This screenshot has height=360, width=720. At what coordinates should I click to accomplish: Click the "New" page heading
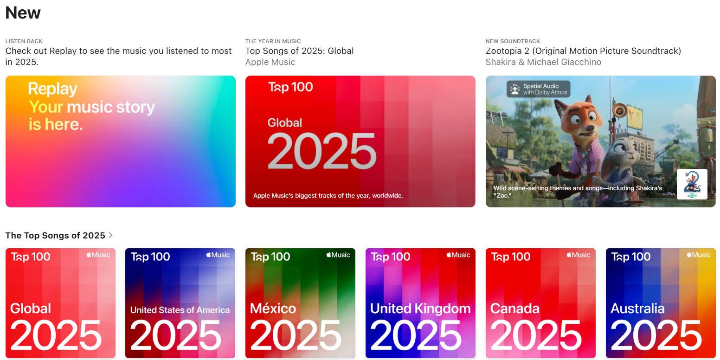pos(23,13)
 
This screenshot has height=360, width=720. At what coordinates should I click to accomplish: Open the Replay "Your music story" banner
pos(120,141)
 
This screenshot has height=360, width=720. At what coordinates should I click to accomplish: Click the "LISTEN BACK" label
pos(24,41)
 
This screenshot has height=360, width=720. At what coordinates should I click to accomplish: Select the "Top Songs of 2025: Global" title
pos(299,51)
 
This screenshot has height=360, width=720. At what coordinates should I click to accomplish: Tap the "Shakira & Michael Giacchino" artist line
pos(543,62)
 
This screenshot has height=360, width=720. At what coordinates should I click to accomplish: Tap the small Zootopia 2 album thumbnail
pos(692,184)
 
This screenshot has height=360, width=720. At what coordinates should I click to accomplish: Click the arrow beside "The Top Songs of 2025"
pos(110,235)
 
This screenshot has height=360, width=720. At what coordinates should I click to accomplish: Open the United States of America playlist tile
pos(180,303)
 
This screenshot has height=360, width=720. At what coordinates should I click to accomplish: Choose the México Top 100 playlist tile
pos(300,303)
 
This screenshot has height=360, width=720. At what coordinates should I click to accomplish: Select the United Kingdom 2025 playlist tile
pos(420,303)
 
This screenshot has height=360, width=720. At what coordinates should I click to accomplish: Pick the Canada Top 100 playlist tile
pos(540,303)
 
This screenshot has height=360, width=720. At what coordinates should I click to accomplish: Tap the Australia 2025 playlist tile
pos(661,303)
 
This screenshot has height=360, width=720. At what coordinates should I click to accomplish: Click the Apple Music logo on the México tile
pos(338,255)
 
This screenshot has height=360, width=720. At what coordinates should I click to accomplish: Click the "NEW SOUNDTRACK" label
pos(513,41)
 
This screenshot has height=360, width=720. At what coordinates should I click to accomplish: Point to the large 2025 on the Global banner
pos(321,152)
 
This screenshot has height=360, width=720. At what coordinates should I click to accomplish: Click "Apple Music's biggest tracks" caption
pos(328,196)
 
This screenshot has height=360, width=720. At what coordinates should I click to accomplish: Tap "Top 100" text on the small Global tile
pos(31,257)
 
